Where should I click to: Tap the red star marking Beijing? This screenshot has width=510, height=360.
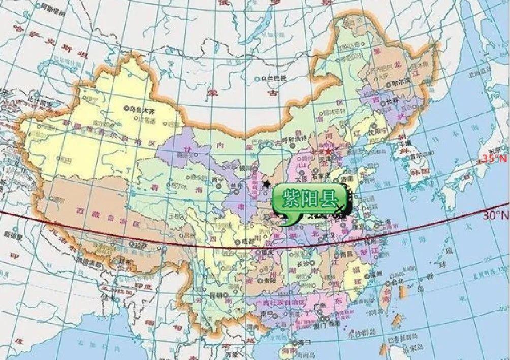[329, 152]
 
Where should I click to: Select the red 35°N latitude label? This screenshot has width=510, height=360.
[494, 158]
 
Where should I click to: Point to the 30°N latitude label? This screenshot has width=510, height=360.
[495, 215]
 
